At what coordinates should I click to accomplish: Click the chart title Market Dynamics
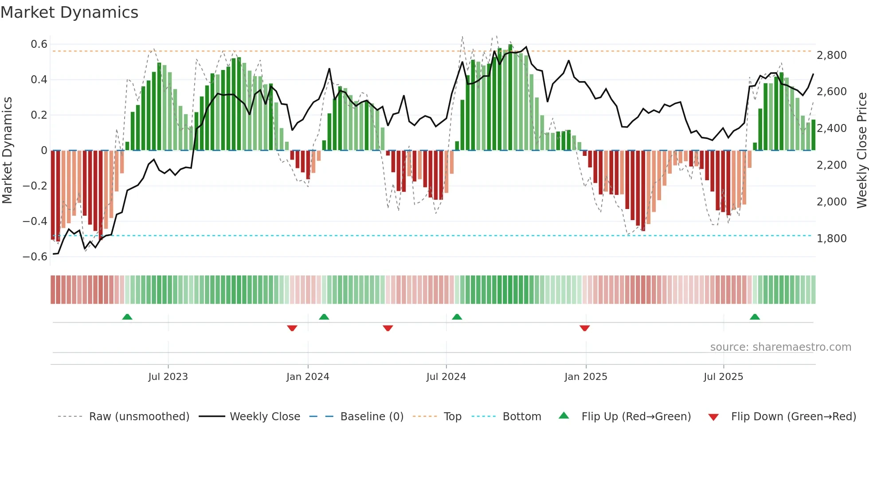(69, 12)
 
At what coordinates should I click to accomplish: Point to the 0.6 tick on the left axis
(39, 44)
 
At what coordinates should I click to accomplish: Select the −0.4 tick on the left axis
(35, 221)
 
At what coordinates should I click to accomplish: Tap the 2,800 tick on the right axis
(831, 55)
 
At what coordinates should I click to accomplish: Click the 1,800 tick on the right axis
(831, 239)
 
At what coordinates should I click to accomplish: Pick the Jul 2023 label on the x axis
(168, 377)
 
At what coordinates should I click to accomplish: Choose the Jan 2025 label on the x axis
(586, 377)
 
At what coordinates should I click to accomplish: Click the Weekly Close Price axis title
(861, 150)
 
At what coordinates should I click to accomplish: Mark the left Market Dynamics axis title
(7, 150)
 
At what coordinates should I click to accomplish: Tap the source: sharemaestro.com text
(780, 347)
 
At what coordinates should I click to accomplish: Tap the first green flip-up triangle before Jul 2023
(127, 317)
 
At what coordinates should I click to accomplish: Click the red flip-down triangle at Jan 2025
(584, 328)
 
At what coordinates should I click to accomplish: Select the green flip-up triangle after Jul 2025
(755, 317)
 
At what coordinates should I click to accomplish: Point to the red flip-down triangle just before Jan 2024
(292, 328)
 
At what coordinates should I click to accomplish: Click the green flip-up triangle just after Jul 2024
(457, 317)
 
